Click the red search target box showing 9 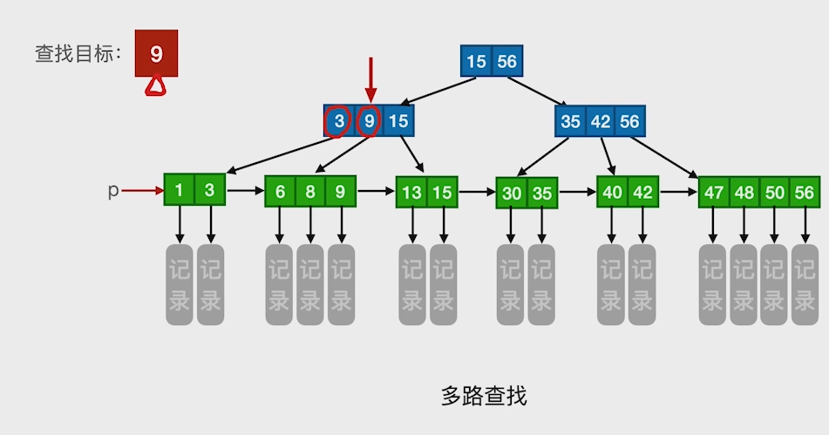point(156,54)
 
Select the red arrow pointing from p point(142,190)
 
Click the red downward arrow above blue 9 point(370,80)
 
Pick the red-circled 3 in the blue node point(338,122)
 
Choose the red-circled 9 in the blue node point(370,122)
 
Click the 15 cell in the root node point(476,61)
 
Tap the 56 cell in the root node point(506,61)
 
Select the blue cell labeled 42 point(600,122)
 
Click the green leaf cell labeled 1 point(180,191)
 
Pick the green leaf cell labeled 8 point(310,191)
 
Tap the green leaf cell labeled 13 point(411,192)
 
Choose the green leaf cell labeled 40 point(612,192)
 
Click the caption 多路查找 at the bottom point(484,397)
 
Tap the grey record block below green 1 point(180,285)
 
